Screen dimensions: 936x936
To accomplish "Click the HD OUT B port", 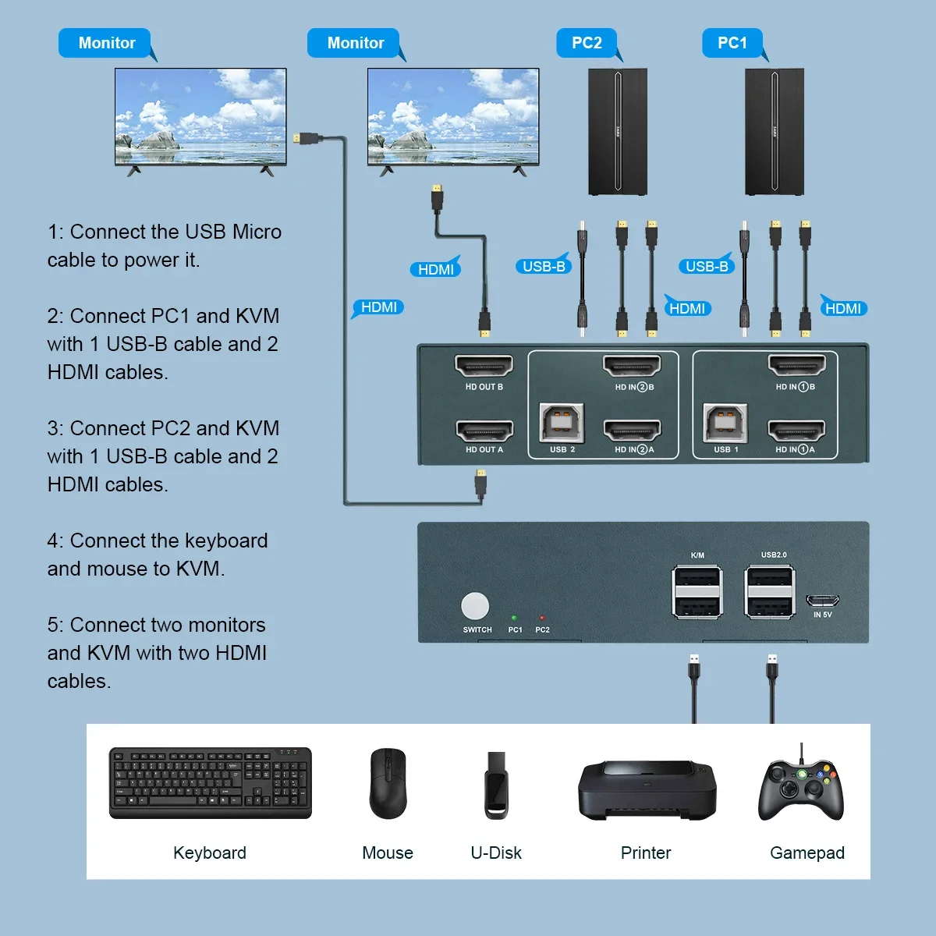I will (x=484, y=365).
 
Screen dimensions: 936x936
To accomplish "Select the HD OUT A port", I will (x=484, y=430).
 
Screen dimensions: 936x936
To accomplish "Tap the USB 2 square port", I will (x=562, y=424).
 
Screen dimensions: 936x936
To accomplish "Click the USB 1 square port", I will (x=725, y=424).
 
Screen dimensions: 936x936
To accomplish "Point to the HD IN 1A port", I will (x=796, y=430).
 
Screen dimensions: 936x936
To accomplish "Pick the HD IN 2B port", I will (x=632, y=365).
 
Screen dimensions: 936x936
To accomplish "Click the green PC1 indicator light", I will (x=514, y=618).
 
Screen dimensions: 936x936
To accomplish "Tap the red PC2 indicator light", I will (x=542, y=618).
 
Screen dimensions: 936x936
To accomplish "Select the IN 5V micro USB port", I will (x=822, y=601).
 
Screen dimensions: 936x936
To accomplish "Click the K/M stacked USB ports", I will (x=697, y=593).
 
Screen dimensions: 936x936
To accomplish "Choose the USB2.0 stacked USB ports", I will (x=770, y=593).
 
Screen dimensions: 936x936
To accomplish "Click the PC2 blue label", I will (x=587, y=43).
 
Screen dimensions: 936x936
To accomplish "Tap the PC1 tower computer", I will (x=774, y=132).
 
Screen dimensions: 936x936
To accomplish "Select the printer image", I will (x=647, y=789).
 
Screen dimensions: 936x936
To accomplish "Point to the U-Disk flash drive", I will (x=496, y=785).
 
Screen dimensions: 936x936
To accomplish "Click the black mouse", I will (x=388, y=783).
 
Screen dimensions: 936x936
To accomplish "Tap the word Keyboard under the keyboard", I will (x=210, y=853).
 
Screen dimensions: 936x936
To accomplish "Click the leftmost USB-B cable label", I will (x=543, y=267).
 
